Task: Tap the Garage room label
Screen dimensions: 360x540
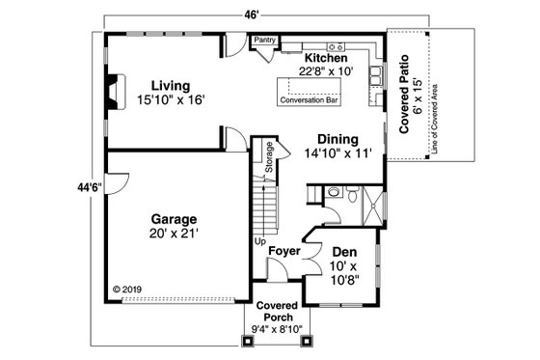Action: [x=174, y=218]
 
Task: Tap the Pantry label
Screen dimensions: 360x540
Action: [x=263, y=42]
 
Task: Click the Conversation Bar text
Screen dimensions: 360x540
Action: [x=311, y=99]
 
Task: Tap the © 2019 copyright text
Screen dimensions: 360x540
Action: [x=127, y=288]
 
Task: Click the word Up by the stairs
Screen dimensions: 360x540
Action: [x=259, y=242]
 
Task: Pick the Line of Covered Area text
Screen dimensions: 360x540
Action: [x=435, y=114]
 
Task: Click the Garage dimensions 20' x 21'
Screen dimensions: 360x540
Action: [x=174, y=234]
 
